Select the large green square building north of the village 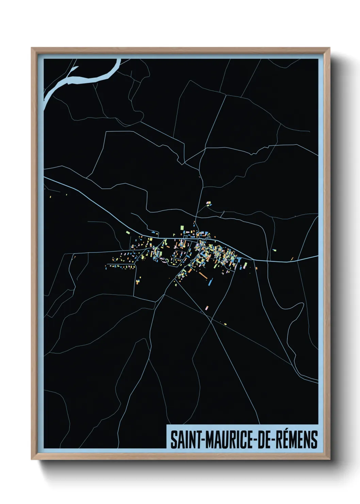pos(182,227)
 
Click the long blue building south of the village pos(210,281)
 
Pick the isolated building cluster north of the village pos(208,204)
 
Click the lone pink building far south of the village pos(207,308)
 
